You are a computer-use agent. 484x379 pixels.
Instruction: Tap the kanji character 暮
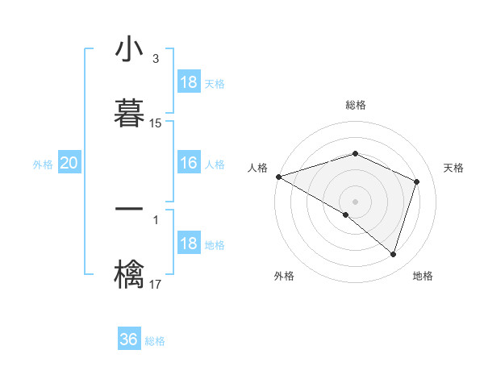(129, 111)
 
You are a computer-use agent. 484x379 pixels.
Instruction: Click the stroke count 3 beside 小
(155, 59)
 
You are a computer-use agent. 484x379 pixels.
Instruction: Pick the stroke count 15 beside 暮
(156, 123)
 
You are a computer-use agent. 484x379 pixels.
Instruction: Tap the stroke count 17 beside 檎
(156, 284)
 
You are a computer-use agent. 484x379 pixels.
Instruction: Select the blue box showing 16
(189, 164)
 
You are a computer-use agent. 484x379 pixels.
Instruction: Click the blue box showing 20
(69, 164)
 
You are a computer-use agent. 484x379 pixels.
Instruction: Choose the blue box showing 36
(129, 339)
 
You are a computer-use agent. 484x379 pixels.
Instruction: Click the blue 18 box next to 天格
(189, 82)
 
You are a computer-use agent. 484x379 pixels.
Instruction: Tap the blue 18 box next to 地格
(189, 244)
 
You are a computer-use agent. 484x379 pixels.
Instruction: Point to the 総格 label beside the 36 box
(155, 341)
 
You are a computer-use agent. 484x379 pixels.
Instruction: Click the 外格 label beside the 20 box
(43, 165)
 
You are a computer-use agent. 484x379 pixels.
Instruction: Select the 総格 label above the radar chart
(356, 105)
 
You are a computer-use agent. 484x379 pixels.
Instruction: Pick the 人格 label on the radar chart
(257, 168)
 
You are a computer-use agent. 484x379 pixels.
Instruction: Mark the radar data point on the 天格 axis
(417, 181)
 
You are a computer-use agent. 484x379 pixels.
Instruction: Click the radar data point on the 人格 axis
(278, 177)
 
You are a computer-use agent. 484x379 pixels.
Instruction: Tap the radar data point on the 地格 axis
(394, 254)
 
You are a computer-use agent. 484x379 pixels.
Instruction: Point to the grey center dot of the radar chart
(356, 201)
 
